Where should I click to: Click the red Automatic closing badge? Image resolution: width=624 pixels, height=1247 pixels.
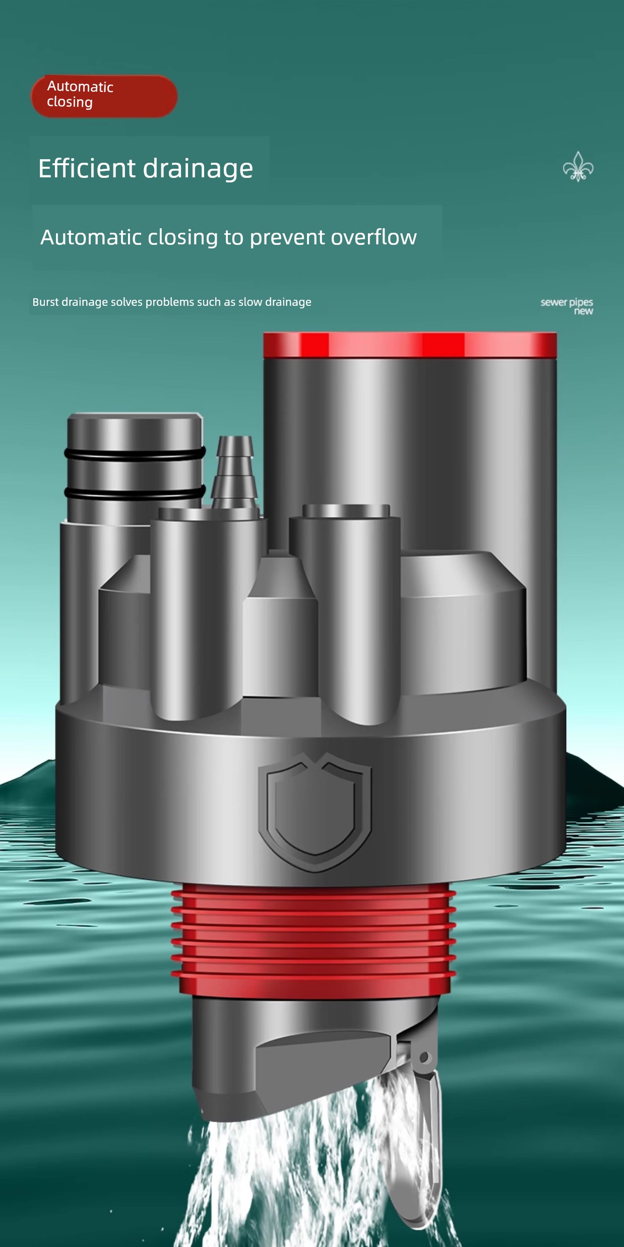coord(104,96)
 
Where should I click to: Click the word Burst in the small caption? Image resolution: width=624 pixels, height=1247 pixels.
coord(45,302)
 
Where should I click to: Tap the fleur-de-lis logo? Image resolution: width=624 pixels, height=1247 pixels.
coord(578,167)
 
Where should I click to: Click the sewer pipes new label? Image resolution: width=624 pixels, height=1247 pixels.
coord(567,306)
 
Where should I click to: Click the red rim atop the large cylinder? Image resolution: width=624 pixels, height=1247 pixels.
coord(410,345)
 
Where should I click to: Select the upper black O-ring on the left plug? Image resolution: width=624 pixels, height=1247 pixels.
coord(135,453)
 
